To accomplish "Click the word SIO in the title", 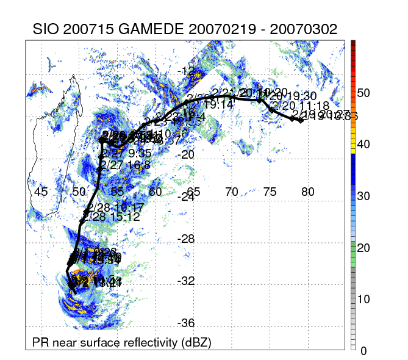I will (46, 30).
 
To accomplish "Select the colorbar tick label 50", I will (364, 93).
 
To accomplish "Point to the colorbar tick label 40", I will (364, 145).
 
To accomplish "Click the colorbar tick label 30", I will (364, 196).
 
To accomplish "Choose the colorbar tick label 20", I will (364, 248).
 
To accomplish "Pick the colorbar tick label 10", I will (364, 299).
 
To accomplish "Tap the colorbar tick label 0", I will (364, 351).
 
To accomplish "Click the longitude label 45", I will (41, 192).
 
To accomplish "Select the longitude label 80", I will (308, 192).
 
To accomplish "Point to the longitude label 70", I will (232, 192).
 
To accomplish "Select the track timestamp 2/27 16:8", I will (122, 164).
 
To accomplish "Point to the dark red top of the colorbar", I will (354, 43).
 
